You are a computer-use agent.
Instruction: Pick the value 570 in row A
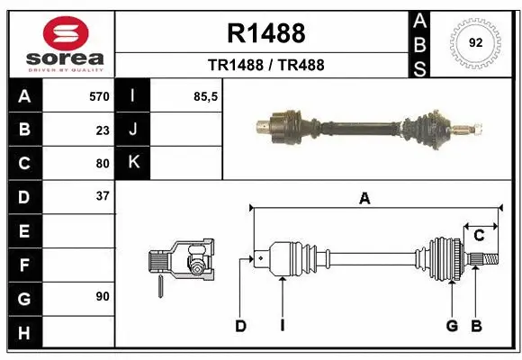(99, 96)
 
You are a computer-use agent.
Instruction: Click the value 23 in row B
(103, 130)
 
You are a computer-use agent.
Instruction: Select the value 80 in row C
(103, 163)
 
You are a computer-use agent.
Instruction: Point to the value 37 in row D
(103, 196)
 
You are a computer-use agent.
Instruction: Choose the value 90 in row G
(103, 295)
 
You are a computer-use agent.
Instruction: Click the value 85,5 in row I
(206, 96)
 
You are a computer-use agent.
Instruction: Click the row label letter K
(133, 163)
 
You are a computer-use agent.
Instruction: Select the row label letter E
(24, 230)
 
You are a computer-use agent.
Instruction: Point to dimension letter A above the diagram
(364, 199)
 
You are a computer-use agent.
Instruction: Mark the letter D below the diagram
(240, 326)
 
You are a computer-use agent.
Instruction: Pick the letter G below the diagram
(452, 326)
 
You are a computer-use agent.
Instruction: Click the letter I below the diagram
(282, 326)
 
